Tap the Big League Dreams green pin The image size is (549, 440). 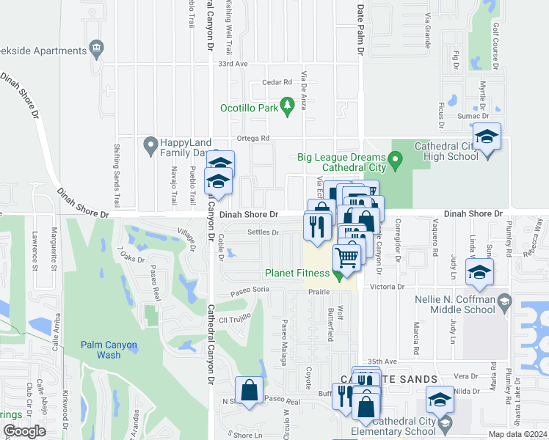[396, 158]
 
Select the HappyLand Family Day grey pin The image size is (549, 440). [151, 145]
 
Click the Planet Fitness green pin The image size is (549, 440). [338, 275]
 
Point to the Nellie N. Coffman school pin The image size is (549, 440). [504, 301]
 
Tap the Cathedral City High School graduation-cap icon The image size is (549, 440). [487, 138]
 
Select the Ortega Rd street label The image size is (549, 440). [253, 138]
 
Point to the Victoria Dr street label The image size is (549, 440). [388, 287]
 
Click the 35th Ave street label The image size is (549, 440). [382, 362]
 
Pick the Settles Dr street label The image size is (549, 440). [263, 233]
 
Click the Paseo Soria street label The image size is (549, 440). [250, 290]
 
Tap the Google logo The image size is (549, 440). [24, 431]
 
